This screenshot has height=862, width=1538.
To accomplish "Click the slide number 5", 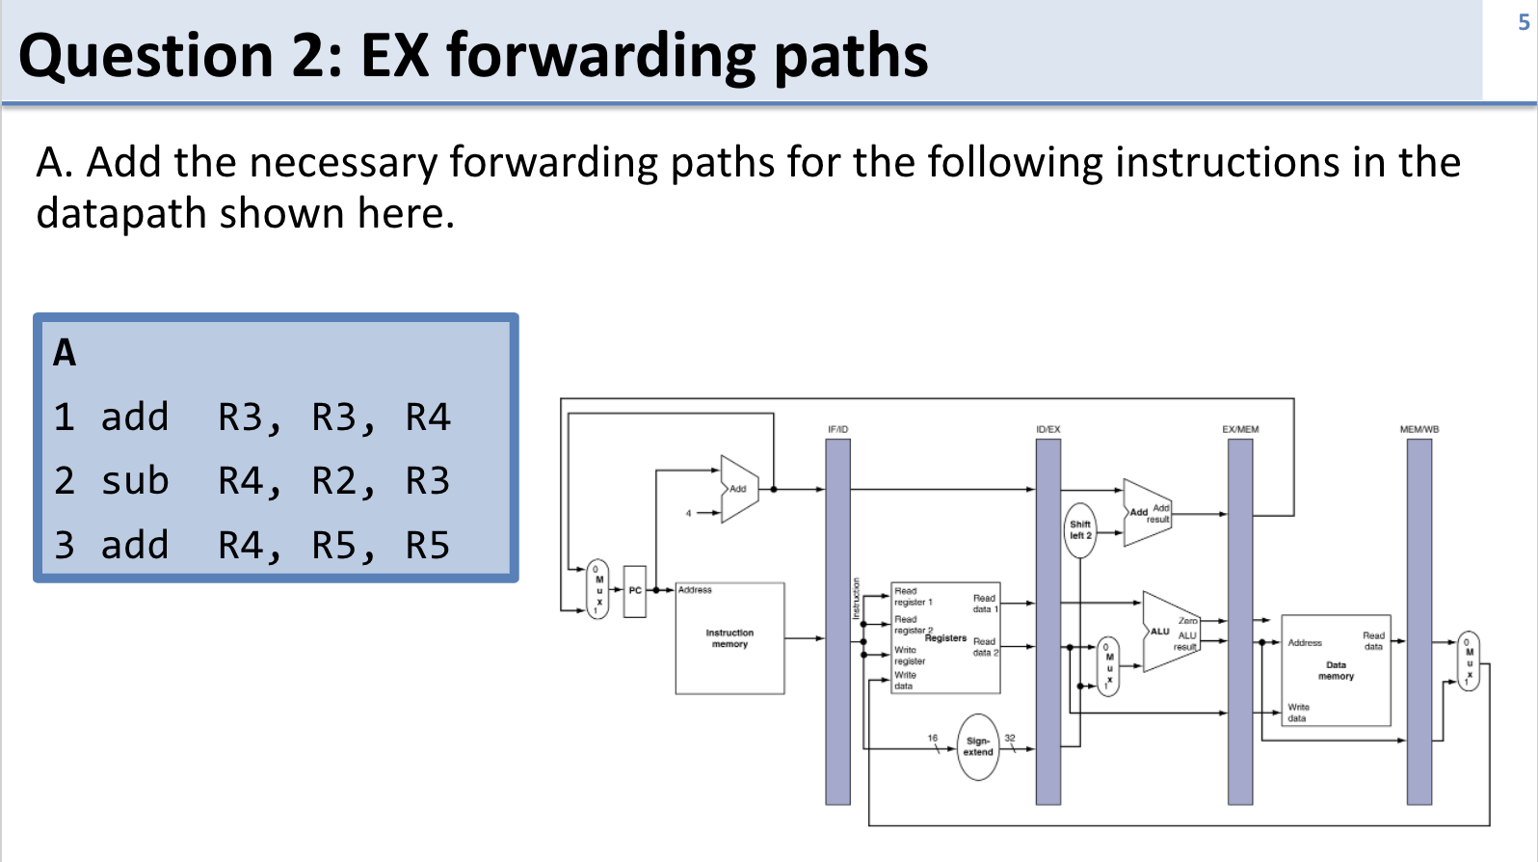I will coord(1524,22).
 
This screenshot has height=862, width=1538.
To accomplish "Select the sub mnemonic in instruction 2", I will coord(135,480).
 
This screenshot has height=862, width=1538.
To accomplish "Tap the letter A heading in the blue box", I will coord(65,353).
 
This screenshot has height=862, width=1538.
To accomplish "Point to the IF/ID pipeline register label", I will coord(837,429).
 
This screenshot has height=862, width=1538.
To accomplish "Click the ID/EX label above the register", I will coord(1047,429).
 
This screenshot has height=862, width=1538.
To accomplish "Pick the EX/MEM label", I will coord(1240,429).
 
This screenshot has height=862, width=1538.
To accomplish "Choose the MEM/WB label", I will coord(1419,429).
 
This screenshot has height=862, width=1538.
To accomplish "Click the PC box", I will coord(635,590).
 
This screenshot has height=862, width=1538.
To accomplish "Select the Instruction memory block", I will coord(729,638).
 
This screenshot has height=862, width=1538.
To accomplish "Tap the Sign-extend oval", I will coord(977,747).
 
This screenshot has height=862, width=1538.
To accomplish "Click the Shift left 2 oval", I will coord(1080,529).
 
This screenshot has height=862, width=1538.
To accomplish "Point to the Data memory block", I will coord(1336,670).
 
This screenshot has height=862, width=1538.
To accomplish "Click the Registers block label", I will coord(945,638).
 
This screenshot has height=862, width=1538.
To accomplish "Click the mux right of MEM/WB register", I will coord(1469,661).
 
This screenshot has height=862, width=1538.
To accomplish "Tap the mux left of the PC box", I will coord(598,589).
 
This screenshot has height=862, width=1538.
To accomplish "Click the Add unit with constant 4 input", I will coord(739,489).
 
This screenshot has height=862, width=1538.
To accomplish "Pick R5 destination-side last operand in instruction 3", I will coord(427,545).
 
